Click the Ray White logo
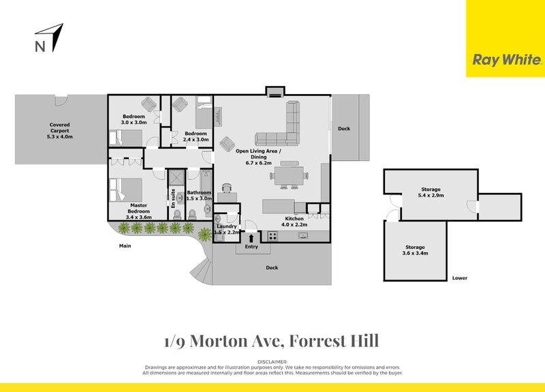coord(505,60)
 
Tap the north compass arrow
coord(54,37)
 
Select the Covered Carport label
coord(60,131)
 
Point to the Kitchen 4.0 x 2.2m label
coord(296,221)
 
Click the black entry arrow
coord(253,237)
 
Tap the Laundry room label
coord(226,229)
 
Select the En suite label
coord(174,199)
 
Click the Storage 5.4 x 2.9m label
coord(431,192)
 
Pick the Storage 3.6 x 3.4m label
coord(415,250)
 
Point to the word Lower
coord(459,278)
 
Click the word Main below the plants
coord(125,245)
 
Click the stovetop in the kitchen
coord(272,236)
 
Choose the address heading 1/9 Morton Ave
coord(272,340)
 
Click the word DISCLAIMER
coord(272,361)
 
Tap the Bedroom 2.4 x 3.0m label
coord(196,136)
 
